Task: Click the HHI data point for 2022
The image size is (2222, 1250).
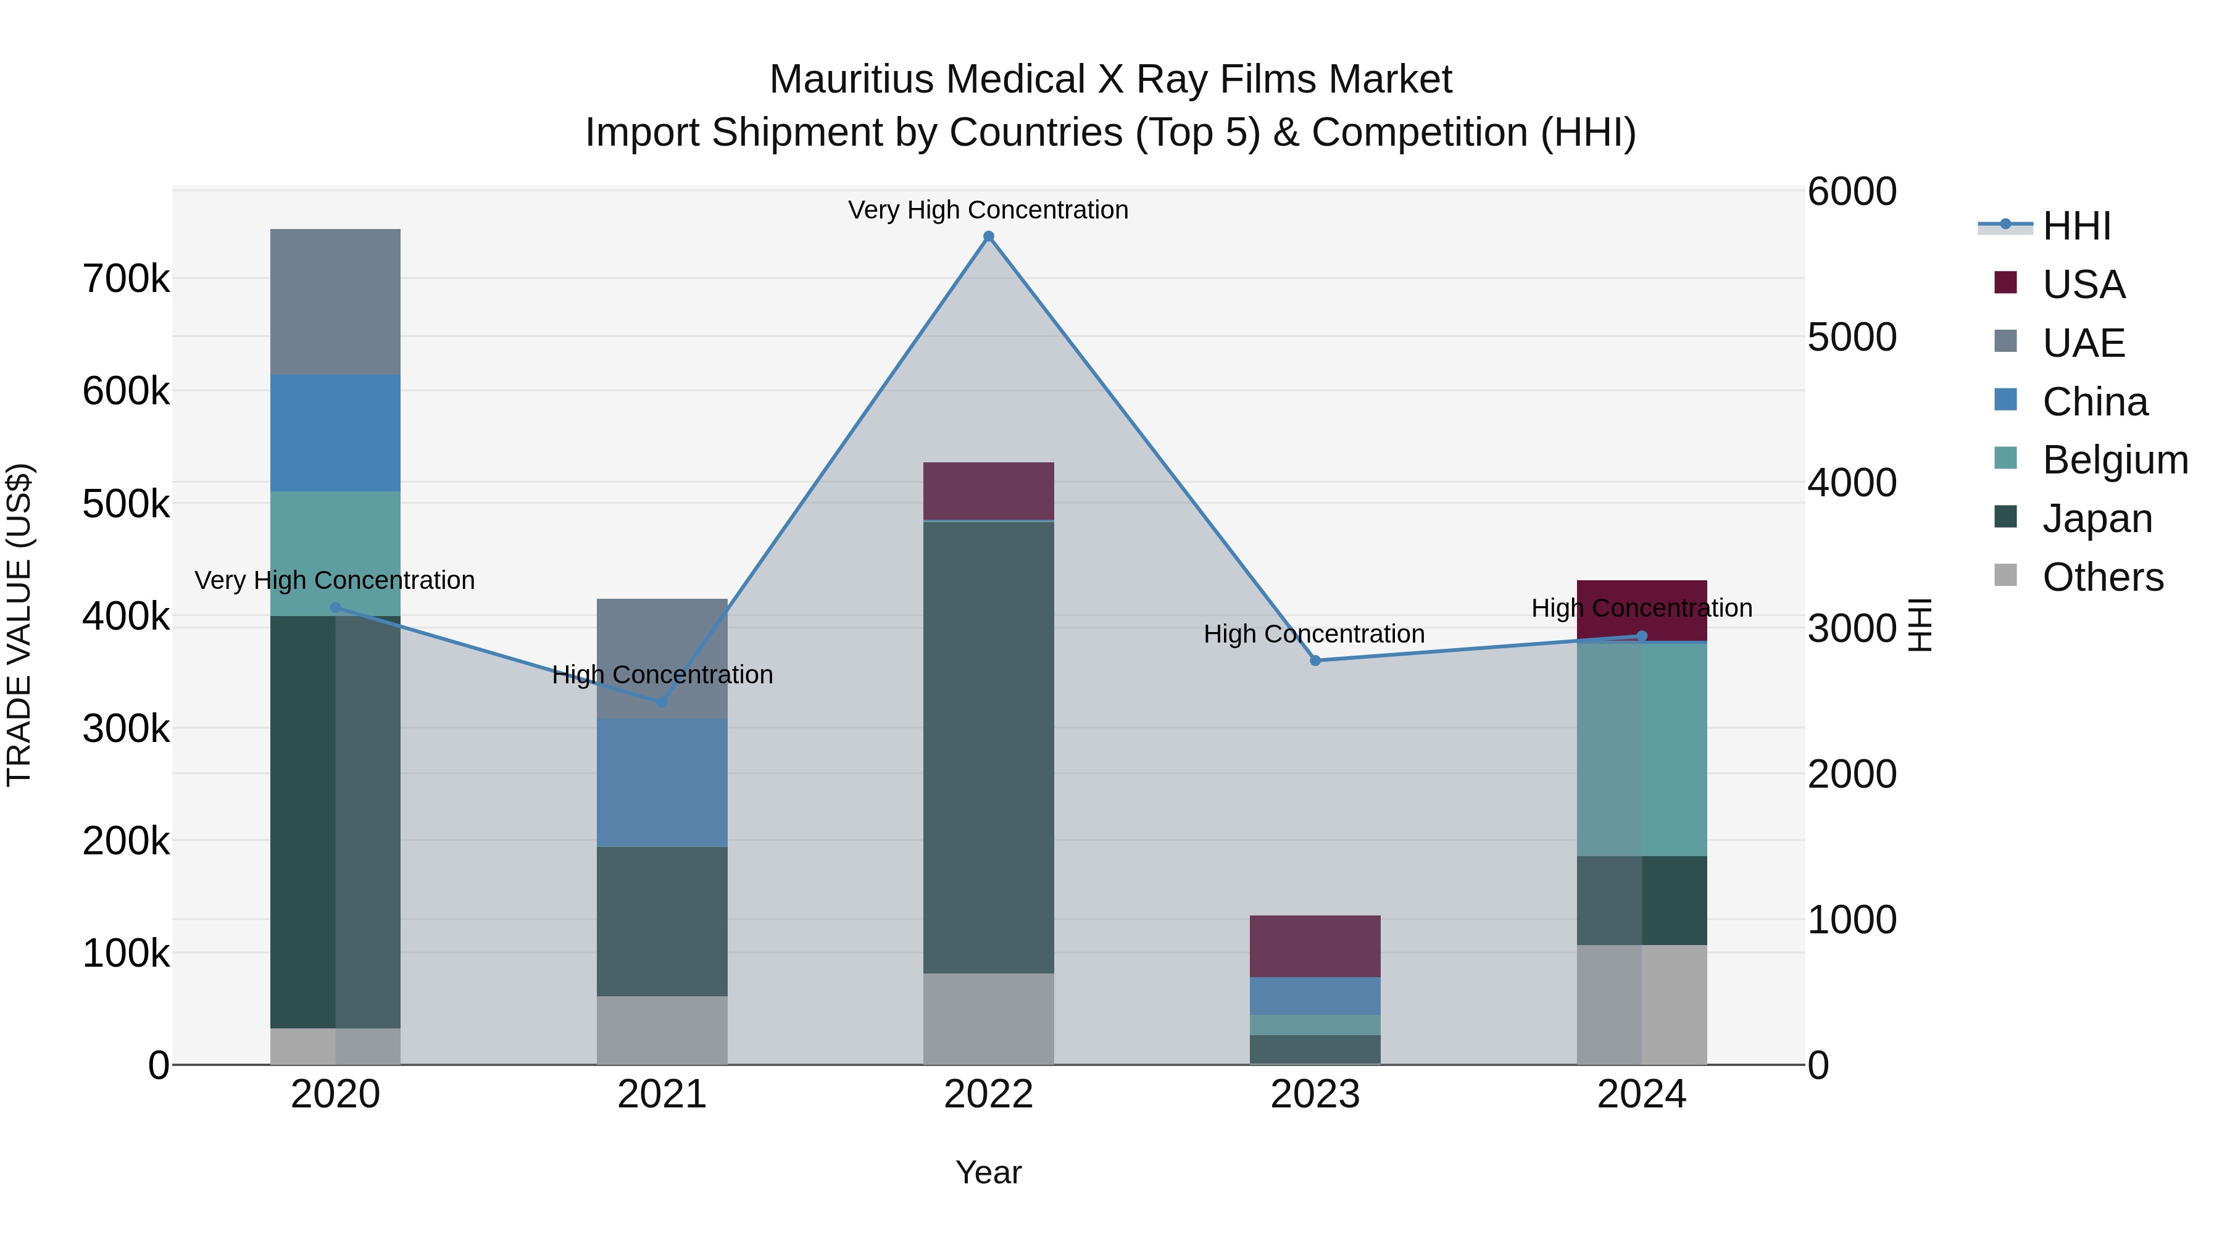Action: click(989, 236)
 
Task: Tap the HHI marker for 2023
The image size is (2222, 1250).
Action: click(1315, 660)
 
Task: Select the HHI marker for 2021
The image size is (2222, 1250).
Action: click(662, 702)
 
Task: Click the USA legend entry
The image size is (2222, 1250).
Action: click(2083, 284)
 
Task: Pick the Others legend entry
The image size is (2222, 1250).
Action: click(2102, 577)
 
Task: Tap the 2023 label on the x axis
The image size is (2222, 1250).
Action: click(1315, 1094)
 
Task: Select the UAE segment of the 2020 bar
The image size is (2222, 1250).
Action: click(336, 302)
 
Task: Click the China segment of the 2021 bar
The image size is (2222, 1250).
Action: click(662, 783)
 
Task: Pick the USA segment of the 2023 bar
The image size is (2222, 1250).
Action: click(1315, 946)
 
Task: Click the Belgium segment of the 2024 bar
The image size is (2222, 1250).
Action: click(1641, 749)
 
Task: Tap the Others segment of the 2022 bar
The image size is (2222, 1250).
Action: click(989, 1019)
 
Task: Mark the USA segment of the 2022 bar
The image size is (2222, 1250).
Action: click(989, 491)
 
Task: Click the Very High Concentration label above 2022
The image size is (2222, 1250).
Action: click(989, 210)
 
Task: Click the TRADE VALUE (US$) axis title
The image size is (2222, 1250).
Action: click(20, 625)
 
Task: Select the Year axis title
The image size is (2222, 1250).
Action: click(989, 1172)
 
